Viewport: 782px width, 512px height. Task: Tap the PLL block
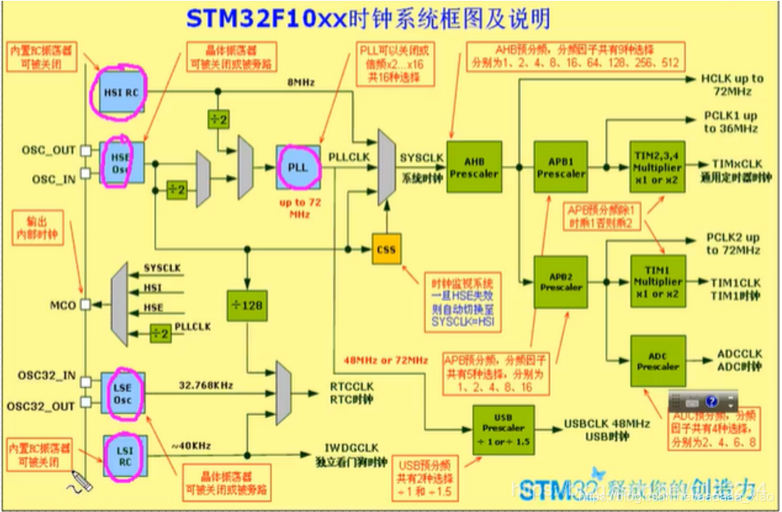297,166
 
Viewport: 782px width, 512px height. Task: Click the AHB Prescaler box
474,167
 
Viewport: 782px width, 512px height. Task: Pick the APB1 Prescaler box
561,167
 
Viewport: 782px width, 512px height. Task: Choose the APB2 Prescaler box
561,281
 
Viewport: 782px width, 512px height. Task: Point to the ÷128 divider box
246,304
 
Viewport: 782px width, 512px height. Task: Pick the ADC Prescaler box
657,361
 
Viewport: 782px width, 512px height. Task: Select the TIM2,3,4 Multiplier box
657,167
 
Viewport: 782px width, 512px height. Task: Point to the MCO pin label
62,305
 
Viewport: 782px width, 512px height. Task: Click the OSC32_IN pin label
47,376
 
